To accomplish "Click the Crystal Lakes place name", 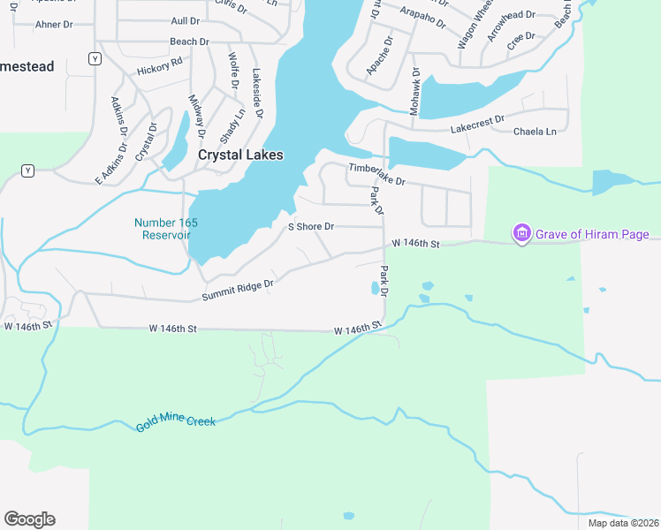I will pos(240,155).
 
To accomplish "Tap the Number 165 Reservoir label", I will pos(163,228).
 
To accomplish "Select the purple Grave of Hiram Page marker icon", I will pos(521,234).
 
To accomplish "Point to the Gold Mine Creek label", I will pos(176,424).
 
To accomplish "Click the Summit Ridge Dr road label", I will pos(238,288).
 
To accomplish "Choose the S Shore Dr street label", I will pos(312,227).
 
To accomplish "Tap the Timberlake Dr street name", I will pos(376,174).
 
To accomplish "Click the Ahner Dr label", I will pos(53,25).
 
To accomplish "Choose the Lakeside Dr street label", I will pos(257,94).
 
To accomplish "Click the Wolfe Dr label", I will pos(233,71).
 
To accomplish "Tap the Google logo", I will pos(29,519).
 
